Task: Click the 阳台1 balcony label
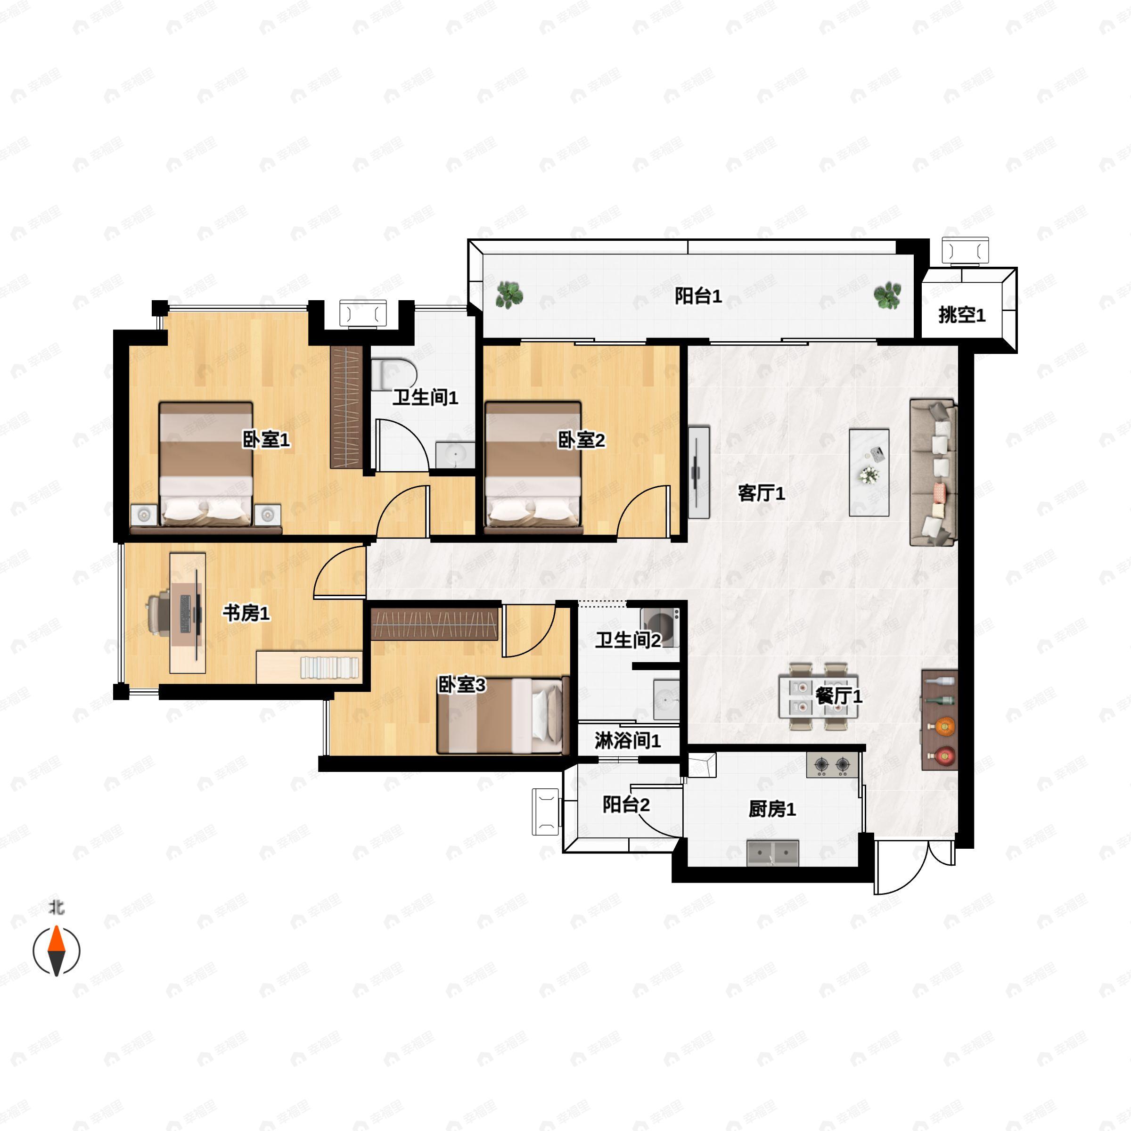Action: [698, 296]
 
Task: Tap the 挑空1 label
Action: [962, 315]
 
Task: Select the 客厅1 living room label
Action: [761, 493]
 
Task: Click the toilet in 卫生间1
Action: [395, 374]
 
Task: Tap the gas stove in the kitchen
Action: [832, 764]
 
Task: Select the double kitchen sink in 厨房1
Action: [773, 853]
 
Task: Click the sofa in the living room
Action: [933, 472]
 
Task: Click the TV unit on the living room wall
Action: [698, 472]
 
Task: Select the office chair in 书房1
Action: [158, 613]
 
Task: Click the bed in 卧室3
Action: [503, 715]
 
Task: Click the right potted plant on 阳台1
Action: [887, 295]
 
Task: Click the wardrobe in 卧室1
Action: [346, 407]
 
